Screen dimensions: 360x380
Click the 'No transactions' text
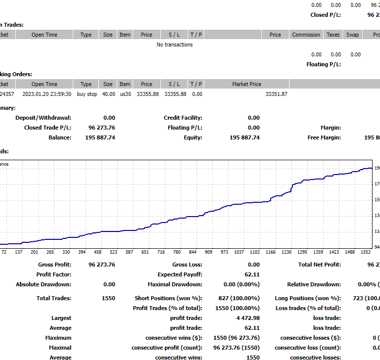[175, 45]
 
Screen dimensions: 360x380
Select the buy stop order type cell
[87, 94]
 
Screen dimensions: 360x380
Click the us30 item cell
[125, 94]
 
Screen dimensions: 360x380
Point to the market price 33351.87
[277, 94]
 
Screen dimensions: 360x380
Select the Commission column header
[306, 35]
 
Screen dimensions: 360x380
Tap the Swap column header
[352, 35]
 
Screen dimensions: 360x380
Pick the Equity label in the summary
[192, 137]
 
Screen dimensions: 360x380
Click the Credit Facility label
[183, 118]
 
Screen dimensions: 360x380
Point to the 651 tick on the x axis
[145, 252]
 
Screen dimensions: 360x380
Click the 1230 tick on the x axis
[286, 252]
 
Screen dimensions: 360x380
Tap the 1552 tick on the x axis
[366, 252]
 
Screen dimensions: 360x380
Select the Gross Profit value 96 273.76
[102, 265]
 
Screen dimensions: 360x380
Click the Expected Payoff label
[180, 274]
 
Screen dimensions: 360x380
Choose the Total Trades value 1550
[108, 298]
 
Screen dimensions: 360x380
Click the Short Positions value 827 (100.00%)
[239, 298]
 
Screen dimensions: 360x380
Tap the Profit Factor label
[53, 274]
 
